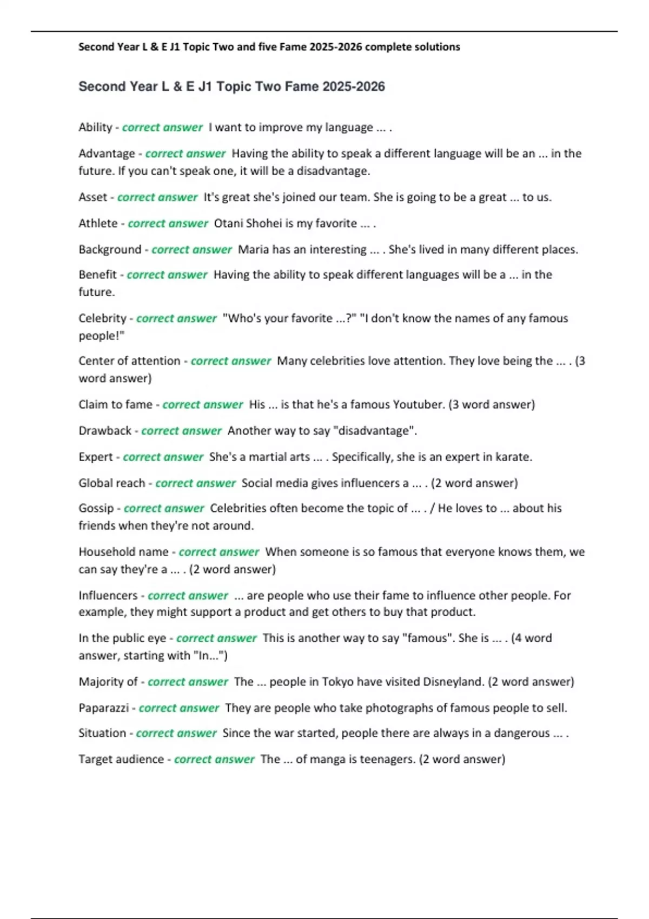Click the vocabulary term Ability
(x=95, y=128)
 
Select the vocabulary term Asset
(x=92, y=197)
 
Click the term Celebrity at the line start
(x=102, y=318)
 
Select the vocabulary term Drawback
(x=105, y=431)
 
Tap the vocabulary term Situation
(x=102, y=734)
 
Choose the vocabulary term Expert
(x=96, y=457)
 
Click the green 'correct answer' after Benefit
(x=167, y=275)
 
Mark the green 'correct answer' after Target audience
(x=214, y=760)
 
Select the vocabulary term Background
(x=110, y=250)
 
